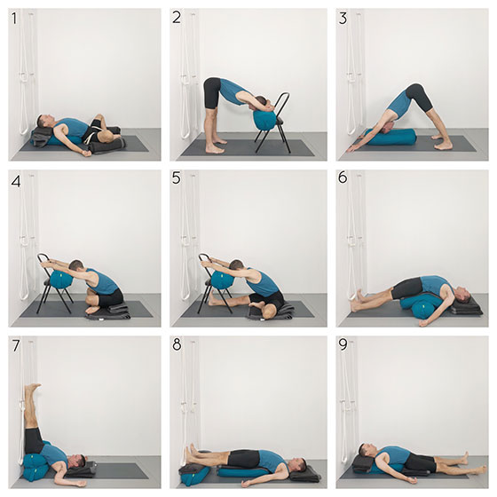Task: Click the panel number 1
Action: (x=14, y=18)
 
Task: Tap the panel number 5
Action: (x=177, y=177)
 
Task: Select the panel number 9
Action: (x=343, y=345)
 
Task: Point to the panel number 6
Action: (x=343, y=177)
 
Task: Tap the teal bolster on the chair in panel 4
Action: (x=60, y=278)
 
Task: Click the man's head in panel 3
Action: (x=389, y=128)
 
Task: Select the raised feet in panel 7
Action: (x=33, y=389)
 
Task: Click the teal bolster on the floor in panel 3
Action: (x=390, y=137)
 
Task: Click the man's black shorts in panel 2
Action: (x=212, y=94)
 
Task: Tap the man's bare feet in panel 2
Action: (x=216, y=146)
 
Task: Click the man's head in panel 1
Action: (x=43, y=122)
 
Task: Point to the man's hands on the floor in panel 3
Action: (x=355, y=146)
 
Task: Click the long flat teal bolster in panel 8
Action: (x=243, y=471)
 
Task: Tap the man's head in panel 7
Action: (x=78, y=461)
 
